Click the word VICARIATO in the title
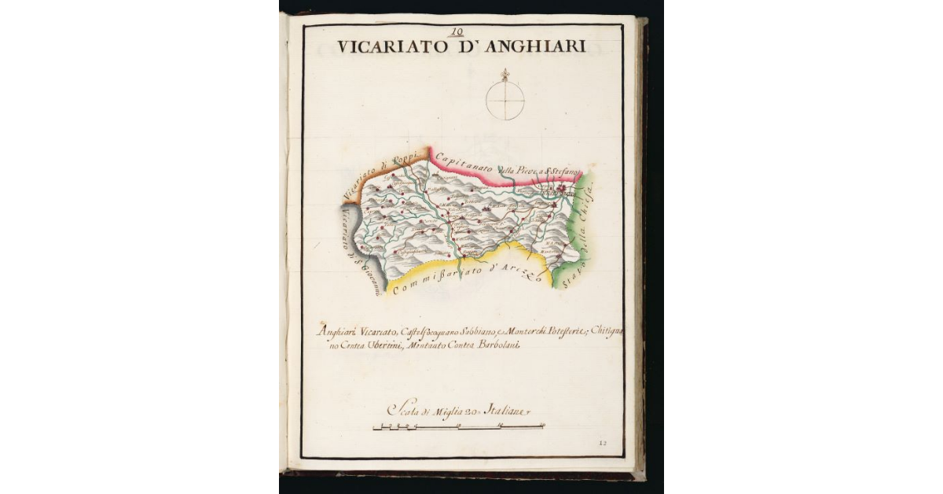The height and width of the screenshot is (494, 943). [x=384, y=47]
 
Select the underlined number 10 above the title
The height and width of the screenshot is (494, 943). [x=457, y=32]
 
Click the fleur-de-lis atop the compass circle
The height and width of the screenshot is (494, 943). [x=505, y=75]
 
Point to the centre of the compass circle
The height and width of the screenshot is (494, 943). [x=505, y=101]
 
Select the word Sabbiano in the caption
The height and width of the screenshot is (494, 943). [x=472, y=331]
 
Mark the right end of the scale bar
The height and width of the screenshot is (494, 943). [x=545, y=427]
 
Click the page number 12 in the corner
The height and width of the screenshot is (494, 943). [x=603, y=443]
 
